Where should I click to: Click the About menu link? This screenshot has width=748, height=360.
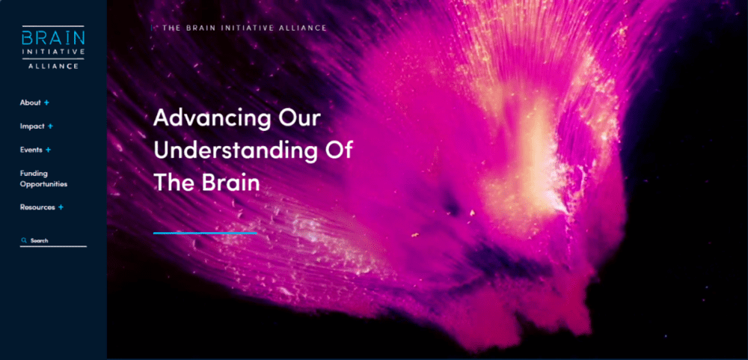30,103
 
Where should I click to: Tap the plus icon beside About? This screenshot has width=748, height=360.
46,103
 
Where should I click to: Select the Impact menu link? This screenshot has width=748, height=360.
32,126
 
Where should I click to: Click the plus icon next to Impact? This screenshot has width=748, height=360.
50,126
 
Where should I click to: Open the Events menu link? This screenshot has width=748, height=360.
31,150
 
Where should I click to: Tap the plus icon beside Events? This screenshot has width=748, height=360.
48,150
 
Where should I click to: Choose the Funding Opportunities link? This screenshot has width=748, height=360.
43,179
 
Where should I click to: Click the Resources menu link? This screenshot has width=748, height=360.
37,207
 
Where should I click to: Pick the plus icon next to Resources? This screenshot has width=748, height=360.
61,207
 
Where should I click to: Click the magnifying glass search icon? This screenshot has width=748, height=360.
23,241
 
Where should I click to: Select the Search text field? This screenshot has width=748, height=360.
53,241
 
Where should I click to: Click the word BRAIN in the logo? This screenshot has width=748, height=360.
53,37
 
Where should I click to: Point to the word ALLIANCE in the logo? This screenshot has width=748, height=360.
53,67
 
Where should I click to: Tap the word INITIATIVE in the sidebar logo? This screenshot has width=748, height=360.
53,52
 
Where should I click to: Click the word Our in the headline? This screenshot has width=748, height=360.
299,118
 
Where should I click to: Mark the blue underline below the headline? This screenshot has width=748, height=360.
205,233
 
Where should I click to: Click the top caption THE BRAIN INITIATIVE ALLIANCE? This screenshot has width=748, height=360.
245,28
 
